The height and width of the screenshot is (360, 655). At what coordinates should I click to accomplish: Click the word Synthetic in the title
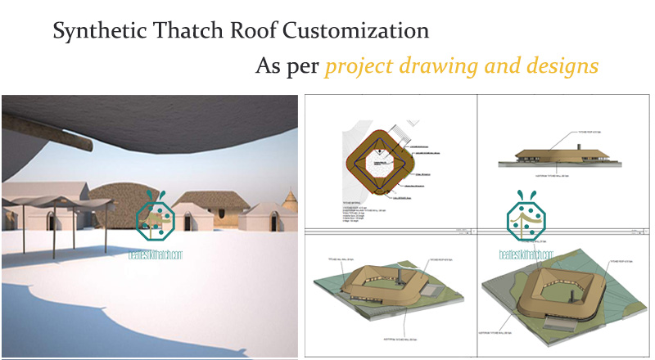point(90,32)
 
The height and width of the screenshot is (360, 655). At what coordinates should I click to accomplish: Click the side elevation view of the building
point(559,156)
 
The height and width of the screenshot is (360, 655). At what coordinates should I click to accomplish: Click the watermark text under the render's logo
point(156,254)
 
